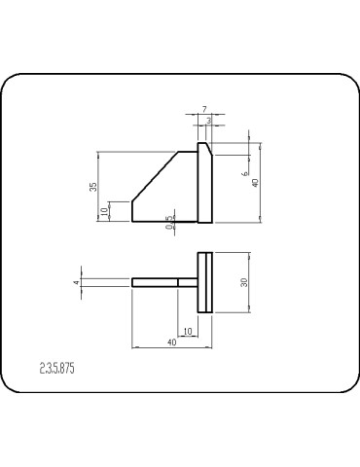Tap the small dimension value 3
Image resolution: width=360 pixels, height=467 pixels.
pos(208,120)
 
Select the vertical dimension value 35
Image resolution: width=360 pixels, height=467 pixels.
pos(93,186)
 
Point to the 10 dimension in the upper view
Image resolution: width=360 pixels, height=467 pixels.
pos(103,212)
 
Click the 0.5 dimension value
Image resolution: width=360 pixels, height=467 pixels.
pos(170,223)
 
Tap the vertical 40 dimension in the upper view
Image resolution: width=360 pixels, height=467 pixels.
pos(256,183)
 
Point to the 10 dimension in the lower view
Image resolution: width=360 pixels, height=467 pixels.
pos(188,332)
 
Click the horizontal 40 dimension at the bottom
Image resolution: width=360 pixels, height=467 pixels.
pos(171,342)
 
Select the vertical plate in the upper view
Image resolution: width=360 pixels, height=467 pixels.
pos(204,185)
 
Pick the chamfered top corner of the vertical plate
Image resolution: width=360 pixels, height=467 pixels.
pos(200,147)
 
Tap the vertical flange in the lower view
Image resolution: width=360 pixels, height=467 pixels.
pos(205,282)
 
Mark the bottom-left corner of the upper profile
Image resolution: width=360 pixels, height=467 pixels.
pos(133,222)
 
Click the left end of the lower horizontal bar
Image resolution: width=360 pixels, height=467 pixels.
pos(133,282)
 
